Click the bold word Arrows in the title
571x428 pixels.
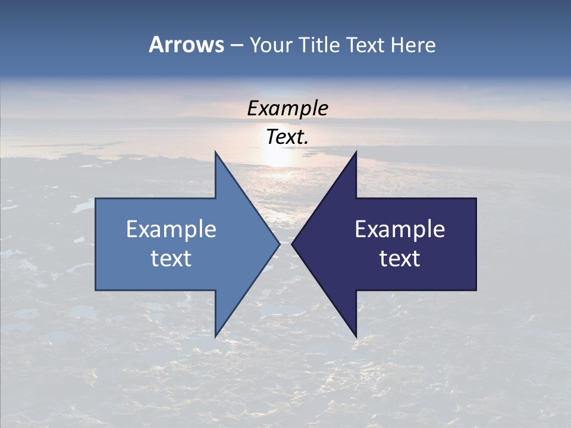pyautogui.click(x=186, y=45)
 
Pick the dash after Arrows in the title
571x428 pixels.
pyautogui.click(x=236, y=46)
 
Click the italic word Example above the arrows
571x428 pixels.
pyautogui.click(x=288, y=109)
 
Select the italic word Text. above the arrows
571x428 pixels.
pyautogui.click(x=288, y=137)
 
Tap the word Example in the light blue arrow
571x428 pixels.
pyautogui.click(x=171, y=229)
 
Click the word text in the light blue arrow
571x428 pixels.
pyautogui.click(x=171, y=259)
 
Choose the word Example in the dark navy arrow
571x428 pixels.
pyautogui.click(x=400, y=229)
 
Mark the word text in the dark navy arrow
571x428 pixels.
pyautogui.click(x=400, y=259)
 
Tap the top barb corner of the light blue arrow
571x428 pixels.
pyautogui.click(x=215, y=153)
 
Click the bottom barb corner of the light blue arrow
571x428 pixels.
pyautogui.click(x=215, y=335)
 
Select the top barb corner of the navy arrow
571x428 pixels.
pyautogui.click(x=356, y=153)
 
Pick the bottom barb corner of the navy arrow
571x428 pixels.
pyautogui.click(x=356, y=335)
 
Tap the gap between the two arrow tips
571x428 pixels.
pyautogui.click(x=286, y=243)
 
